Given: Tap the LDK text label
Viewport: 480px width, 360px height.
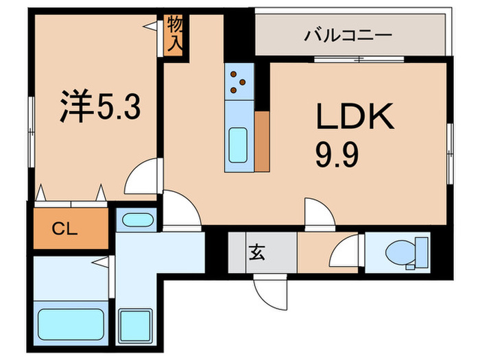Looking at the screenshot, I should tap(355, 118).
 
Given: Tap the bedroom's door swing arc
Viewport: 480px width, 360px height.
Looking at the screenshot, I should tap(142, 177).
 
